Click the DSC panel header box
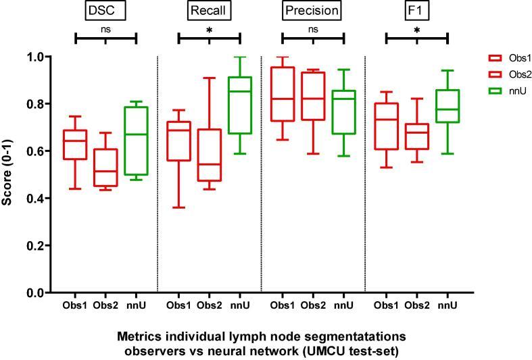[x=105, y=11]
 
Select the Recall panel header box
[x=209, y=11]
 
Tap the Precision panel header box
[x=312, y=11]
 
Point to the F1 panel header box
[x=416, y=11]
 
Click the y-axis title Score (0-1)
[x=9, y=174]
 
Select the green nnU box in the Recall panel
[x=240, y=105]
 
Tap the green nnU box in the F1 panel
[x=448, y=106]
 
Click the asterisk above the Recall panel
[x=209, y=30]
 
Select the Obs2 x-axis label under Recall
[x=210, y=306]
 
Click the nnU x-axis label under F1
[x=448, y=306]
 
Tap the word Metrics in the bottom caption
[x=137, y=336]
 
